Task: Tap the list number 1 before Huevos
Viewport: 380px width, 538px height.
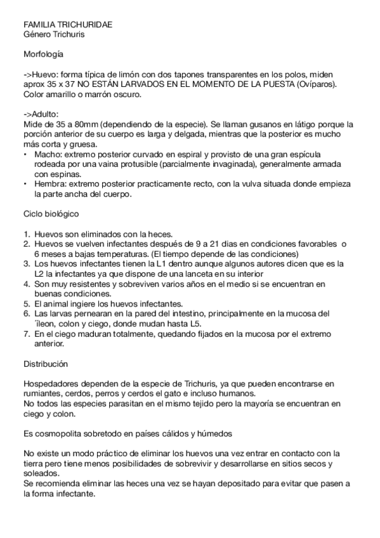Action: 26,234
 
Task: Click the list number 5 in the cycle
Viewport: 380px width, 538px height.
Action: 26,303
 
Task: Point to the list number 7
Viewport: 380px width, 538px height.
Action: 26,334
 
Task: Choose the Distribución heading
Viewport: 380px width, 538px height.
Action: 46,365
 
